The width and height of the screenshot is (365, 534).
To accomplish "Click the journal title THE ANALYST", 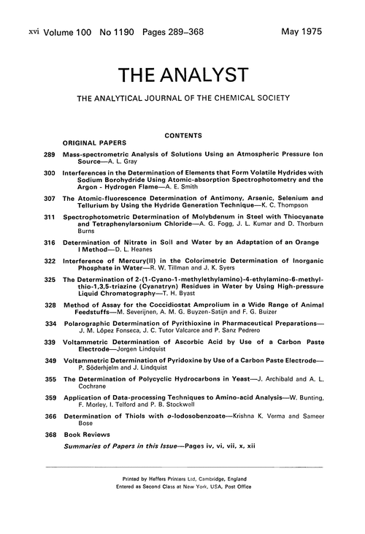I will [x=182, y=75].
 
